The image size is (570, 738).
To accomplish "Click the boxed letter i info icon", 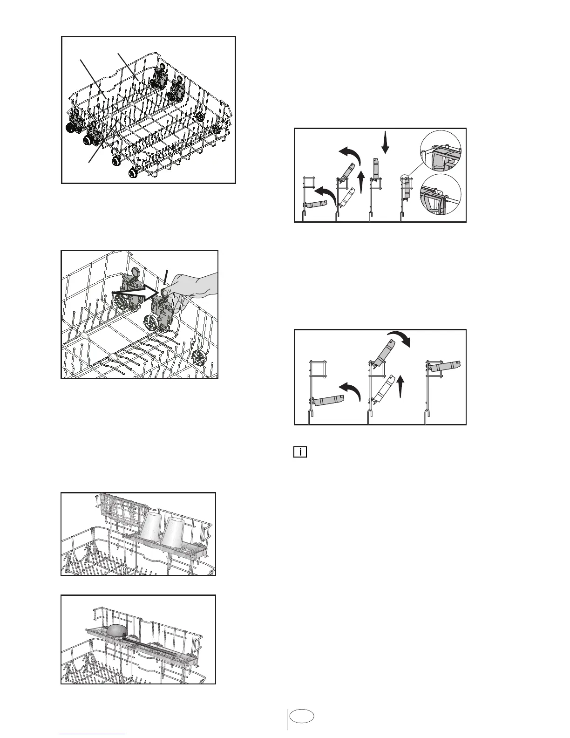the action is click(x=300, y=451).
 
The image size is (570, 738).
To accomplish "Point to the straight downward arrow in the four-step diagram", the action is click(x=385, y=142).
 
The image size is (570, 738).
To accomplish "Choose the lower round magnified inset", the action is click(x=440, y=196).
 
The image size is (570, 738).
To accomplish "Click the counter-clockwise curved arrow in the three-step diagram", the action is click(x=350, y=390).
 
